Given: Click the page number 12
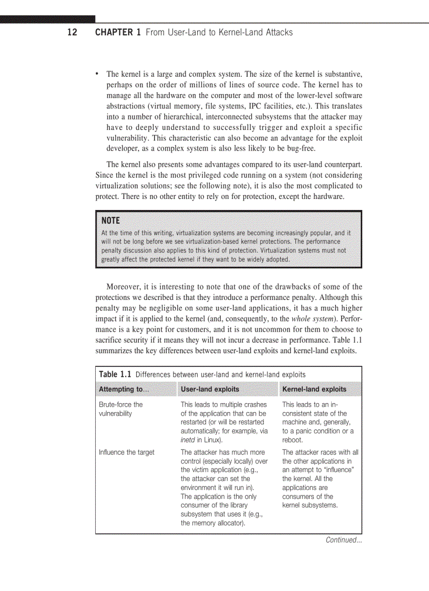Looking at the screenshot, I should pos(72,33).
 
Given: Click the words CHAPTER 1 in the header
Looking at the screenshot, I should pos(118,33).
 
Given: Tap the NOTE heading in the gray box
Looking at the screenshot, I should pos(110,221).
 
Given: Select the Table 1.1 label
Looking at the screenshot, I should pos(116,374).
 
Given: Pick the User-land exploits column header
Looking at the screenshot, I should pos(210,389).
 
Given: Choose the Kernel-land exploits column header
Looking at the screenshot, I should pos(314,389).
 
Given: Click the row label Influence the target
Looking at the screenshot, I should pos(126,453).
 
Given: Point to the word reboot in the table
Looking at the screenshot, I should pos(292,440).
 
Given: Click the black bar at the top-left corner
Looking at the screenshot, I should pos(47,19).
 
